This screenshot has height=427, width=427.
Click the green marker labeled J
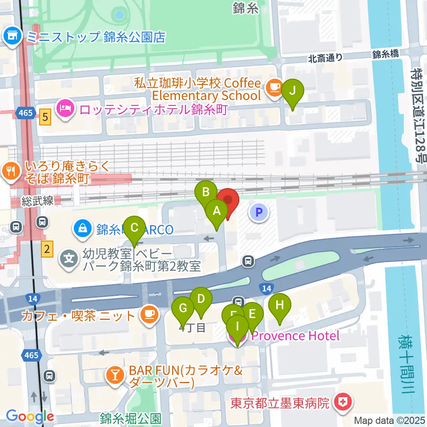click(292, 91)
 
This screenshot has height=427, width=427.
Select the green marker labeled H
click(279, 305)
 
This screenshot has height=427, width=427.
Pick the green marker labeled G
click(183, 308)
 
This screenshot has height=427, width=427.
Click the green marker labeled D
click(201, 299)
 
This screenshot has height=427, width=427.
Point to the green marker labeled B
click(206, 192)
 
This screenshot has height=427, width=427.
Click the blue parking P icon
click(259, 211)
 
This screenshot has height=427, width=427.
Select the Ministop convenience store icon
click(12, 37)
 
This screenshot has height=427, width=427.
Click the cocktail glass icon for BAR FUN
click(114, 376)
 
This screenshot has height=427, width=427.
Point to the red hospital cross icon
click(344, 403)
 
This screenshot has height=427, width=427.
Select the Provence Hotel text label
click(296, 336)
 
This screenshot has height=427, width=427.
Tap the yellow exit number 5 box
click(44, 118)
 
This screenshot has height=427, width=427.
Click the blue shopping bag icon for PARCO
click(83, 229)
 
